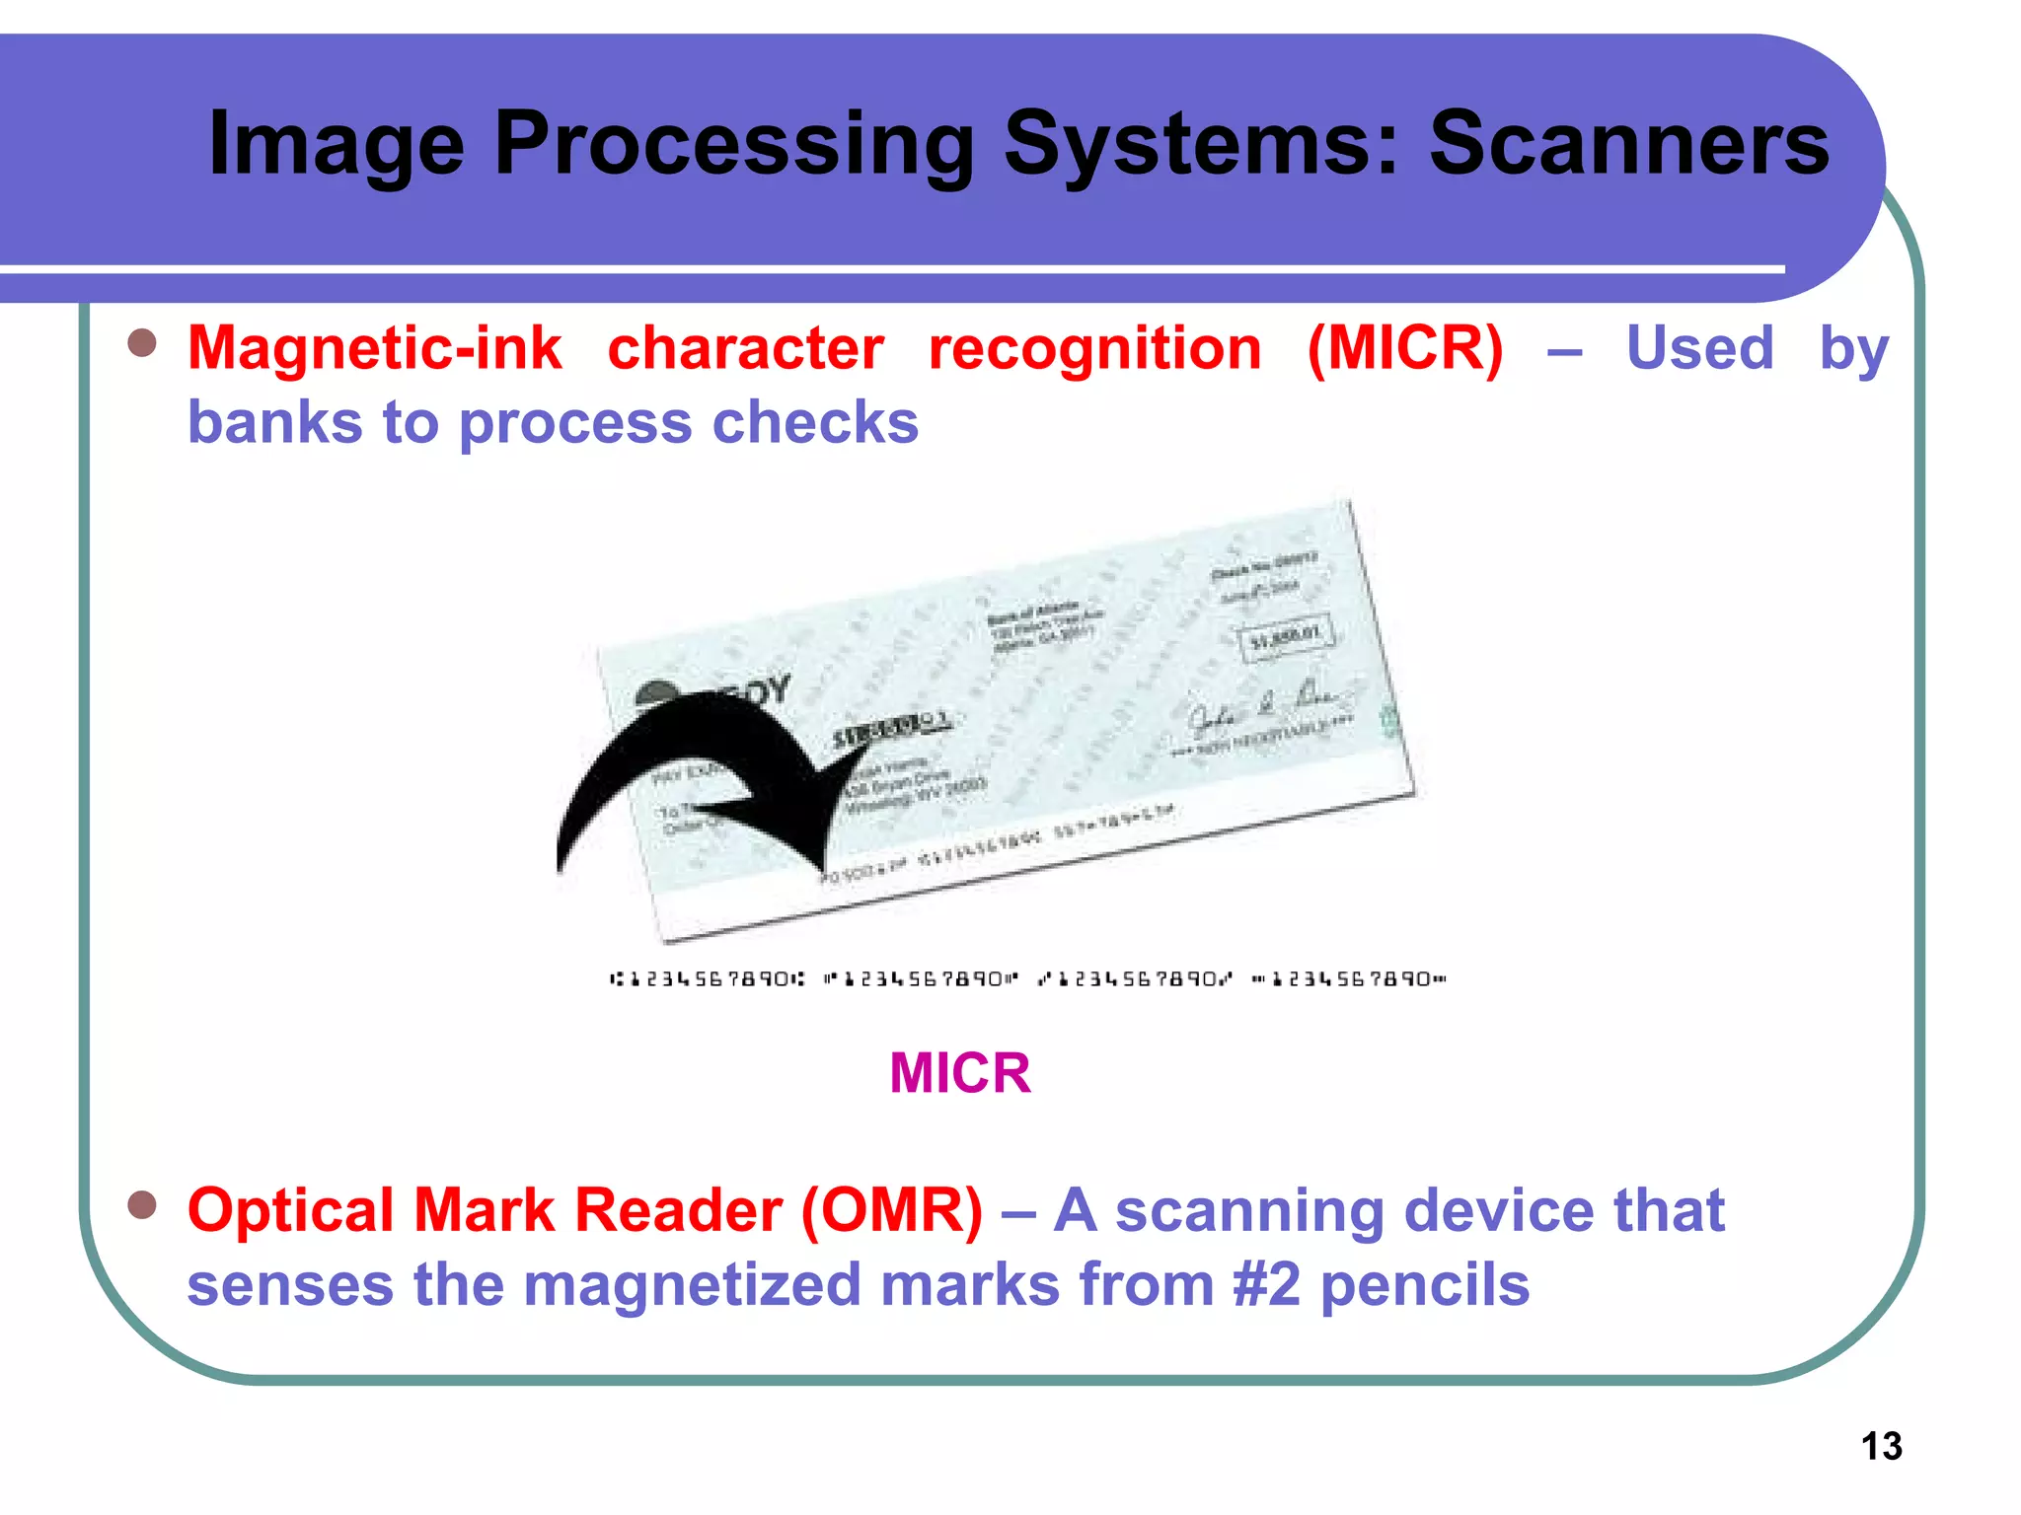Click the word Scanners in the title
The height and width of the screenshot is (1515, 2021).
(1628, 144)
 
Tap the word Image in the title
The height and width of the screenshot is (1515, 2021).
(336, 146)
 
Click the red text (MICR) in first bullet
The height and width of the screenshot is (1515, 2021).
(1405, 348)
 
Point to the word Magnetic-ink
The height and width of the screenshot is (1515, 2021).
(374, 348)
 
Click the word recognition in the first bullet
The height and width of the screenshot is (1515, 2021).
(1094, 348)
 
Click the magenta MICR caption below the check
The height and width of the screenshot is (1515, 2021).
(959, 1072)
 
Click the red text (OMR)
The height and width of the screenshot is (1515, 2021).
(891, 1210)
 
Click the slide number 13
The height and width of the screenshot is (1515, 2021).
(1881, 1446)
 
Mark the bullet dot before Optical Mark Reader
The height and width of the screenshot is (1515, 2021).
(142, 1204)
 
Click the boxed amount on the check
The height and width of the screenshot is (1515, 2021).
(1285, 637)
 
